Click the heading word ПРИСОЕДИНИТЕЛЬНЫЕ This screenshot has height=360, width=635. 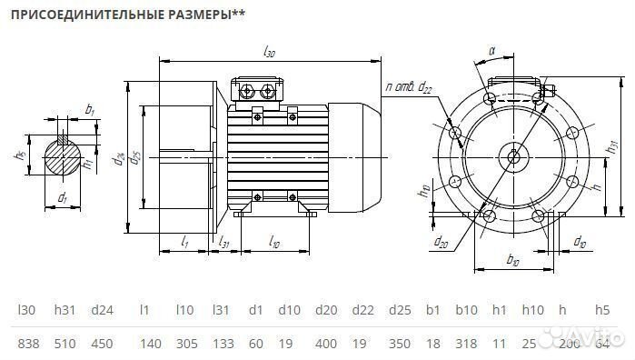76,15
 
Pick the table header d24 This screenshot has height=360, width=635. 103,310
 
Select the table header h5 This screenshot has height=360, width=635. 601,310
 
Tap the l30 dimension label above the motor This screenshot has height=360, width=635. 269,54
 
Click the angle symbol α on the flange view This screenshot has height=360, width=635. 491,53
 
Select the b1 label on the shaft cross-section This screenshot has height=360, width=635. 89,111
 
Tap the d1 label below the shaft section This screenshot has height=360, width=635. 62,197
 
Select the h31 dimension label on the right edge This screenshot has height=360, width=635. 615,143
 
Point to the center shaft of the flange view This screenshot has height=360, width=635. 514,155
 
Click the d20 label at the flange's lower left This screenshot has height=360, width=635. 441,242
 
